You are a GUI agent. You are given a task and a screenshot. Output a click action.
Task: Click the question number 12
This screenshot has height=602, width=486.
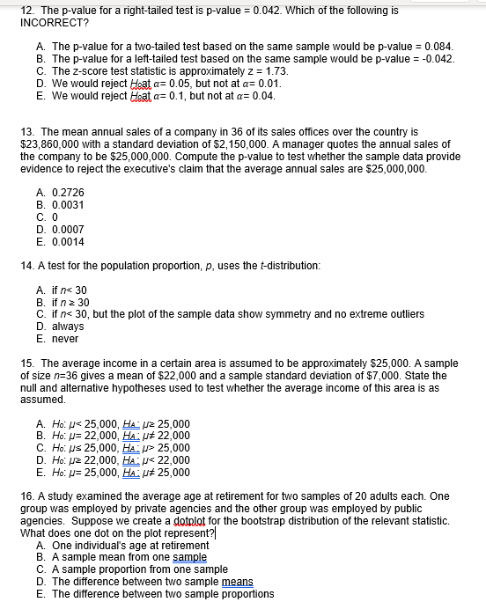click(x=26, y=10)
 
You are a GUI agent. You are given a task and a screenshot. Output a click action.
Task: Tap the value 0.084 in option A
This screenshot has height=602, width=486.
click(x=438, y=45)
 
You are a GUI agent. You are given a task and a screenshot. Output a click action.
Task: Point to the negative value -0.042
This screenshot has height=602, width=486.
click(x=437, y=58)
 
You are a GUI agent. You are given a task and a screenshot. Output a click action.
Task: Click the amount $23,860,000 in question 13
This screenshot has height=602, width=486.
click(x=51, y=143)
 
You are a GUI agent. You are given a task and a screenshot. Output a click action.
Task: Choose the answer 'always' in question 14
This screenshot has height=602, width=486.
click(x=68, y=326)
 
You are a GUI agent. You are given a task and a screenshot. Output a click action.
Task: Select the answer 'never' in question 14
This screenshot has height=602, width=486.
click(x=66, y=338)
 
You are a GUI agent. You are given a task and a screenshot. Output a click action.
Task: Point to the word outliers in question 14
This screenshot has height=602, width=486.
click(x=402, y=313)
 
